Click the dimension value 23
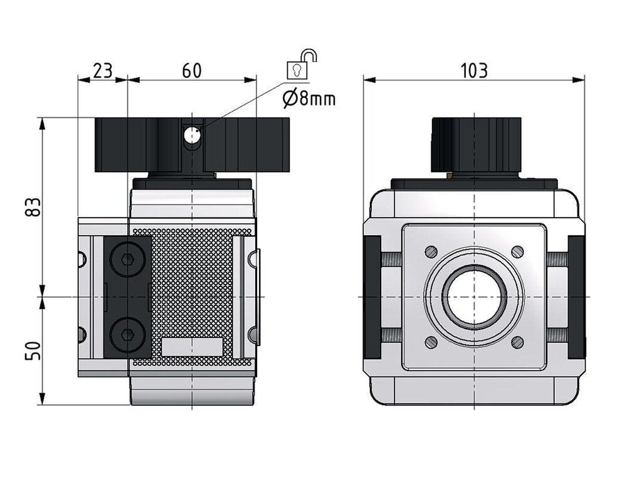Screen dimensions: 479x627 (x=102, y=70)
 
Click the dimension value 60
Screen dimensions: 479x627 (x=192, y=70)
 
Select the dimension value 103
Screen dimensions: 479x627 (x=474, y=70)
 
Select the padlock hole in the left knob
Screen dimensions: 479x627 (x=191, y=134)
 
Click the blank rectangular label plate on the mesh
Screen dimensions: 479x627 (x=192, y=347)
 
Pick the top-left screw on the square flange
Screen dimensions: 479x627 (x=431, y=251)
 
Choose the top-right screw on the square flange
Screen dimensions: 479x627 (x=517, y=251)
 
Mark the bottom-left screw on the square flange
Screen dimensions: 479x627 (x=431, y=342)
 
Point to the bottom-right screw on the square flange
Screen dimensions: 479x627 (x=517, y=342)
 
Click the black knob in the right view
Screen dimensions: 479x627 (x=476, y=145)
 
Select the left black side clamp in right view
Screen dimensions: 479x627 (x=372, y=296)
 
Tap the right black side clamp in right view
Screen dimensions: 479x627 (x=576, y=296)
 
